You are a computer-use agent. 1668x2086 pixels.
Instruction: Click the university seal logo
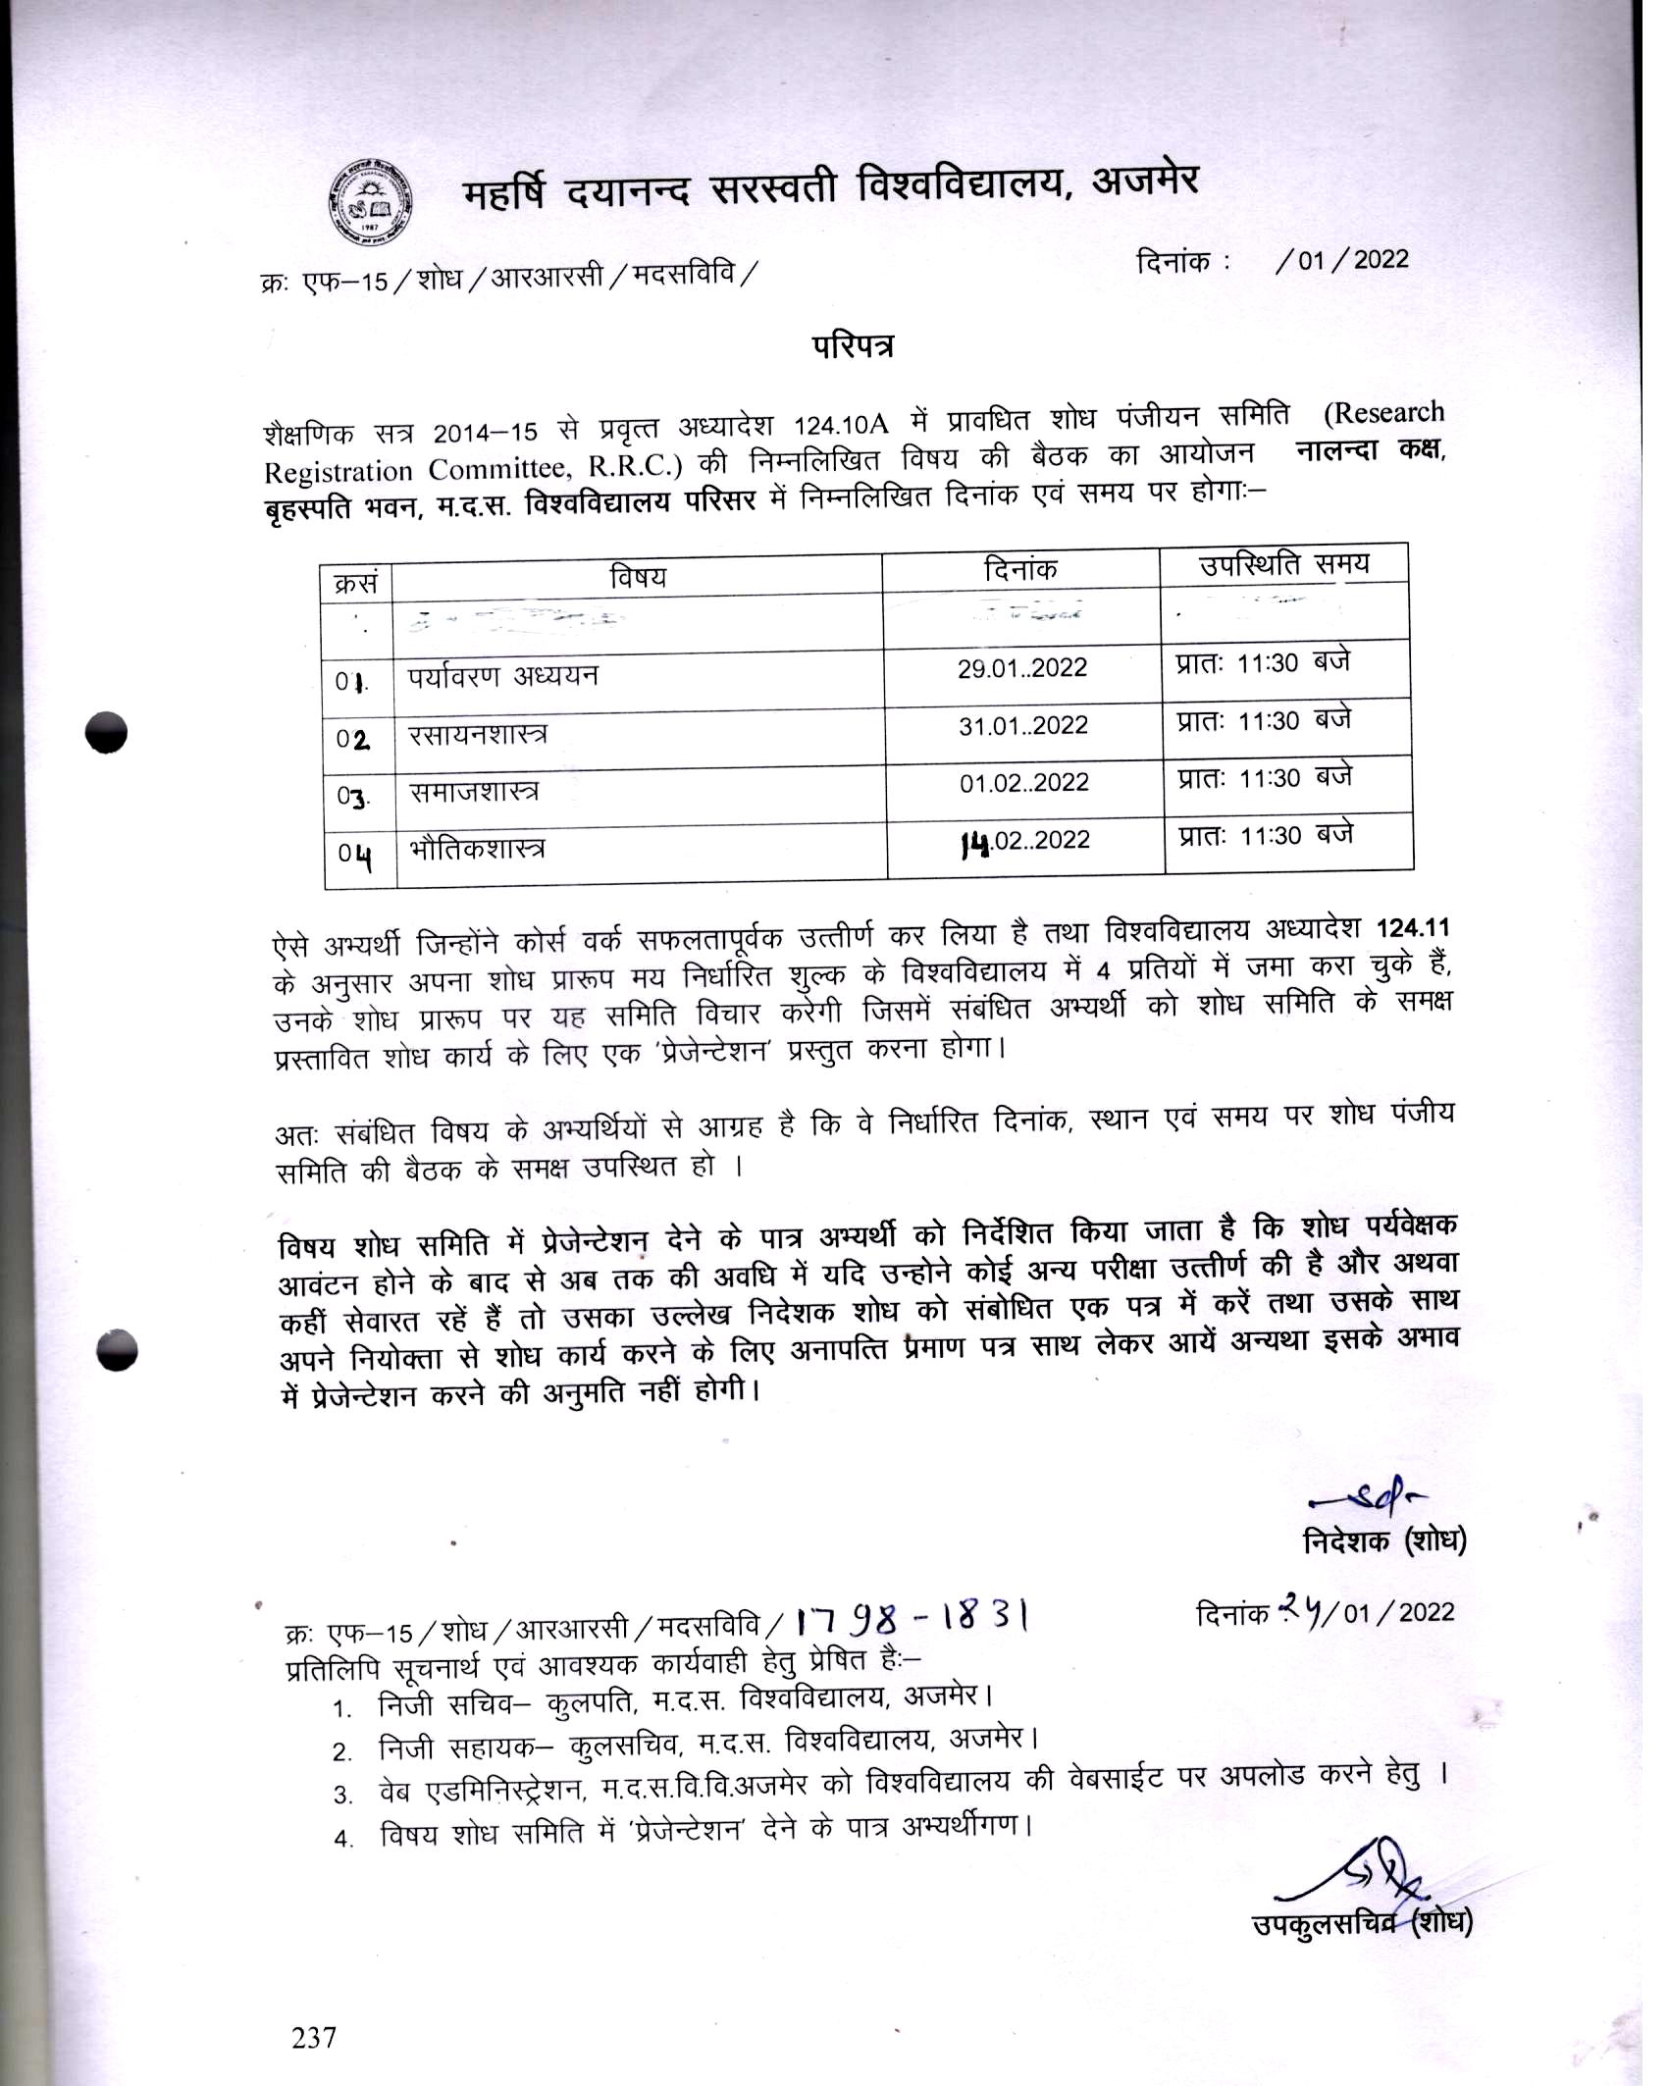[x=370, y=202]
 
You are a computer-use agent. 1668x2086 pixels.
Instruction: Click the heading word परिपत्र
[x=852, y=347]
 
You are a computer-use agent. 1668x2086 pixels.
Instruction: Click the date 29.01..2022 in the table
[x=1022, y=669]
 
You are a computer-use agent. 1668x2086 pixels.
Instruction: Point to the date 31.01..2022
[x=1022, y=726]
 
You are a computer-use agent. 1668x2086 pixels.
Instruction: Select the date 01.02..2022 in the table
[x=1023, y=783]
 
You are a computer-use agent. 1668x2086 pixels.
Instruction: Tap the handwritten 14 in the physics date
[x=973, y=842]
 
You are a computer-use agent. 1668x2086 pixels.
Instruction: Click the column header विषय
[x=637, y=577]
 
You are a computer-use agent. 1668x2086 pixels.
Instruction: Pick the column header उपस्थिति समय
[x=1283, y=565]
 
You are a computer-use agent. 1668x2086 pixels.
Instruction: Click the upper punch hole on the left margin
[x=106, y=732]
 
